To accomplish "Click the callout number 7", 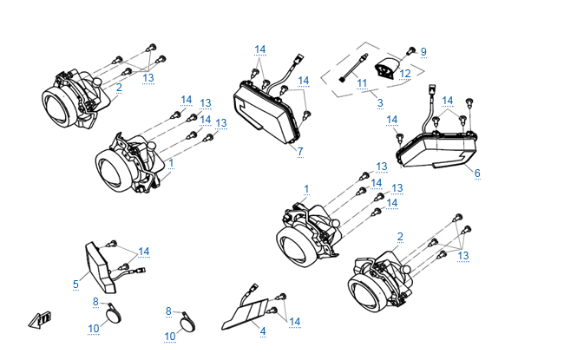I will click(x=299, y=152).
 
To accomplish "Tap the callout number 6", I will click(x=476, y=173).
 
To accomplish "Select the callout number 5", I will click(x=75, y=284).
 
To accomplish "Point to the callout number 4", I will click(x=262, y=331).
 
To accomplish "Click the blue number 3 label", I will click(x=379, y=102).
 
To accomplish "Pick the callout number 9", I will click(x=423, y=52).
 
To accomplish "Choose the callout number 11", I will click(x=361, y=83).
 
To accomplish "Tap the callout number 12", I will click(x=404, y=75).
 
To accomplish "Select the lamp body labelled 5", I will click(x=101, y=265).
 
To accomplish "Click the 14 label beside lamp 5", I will click(x=144, y=252).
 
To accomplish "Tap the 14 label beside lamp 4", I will click(x=294, y=322).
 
